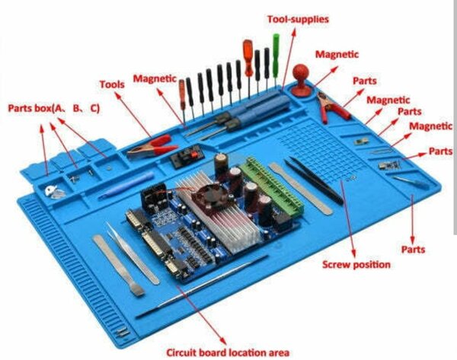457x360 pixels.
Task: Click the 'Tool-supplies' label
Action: (298, 18)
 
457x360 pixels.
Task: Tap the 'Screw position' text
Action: (356, 264)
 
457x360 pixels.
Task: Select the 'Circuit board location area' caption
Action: (228, 352)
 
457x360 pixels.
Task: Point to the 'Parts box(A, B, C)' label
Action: (53, 108)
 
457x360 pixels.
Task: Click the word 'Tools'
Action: (112, 84)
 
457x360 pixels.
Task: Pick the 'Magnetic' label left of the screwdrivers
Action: (155, 78)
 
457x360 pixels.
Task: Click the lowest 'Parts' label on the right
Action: (413, 249)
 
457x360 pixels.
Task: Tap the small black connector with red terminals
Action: (184, 158)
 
